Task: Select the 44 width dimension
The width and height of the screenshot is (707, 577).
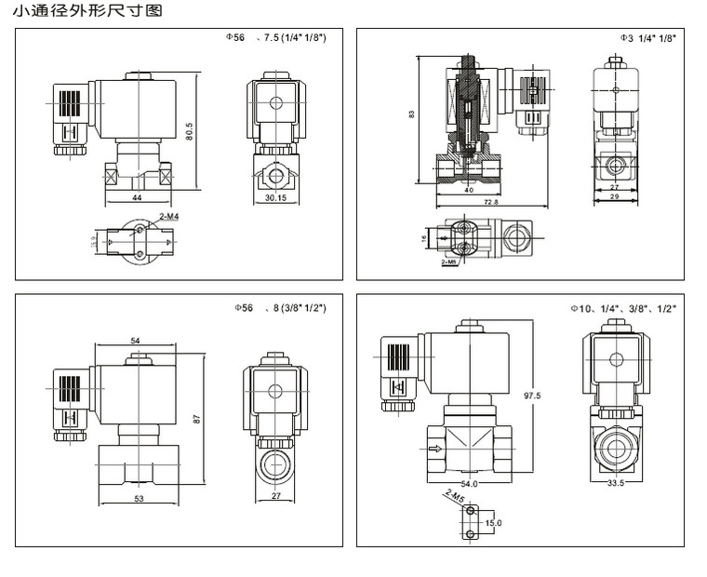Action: tap(136, 199)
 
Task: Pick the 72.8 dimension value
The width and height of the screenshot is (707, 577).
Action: tap(490, 202)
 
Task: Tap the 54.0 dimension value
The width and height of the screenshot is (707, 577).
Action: tap(469, 484)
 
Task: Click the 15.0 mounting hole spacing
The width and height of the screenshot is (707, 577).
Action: tap(493, 523)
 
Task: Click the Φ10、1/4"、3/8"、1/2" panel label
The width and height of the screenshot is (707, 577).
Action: tap(622, 307)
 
